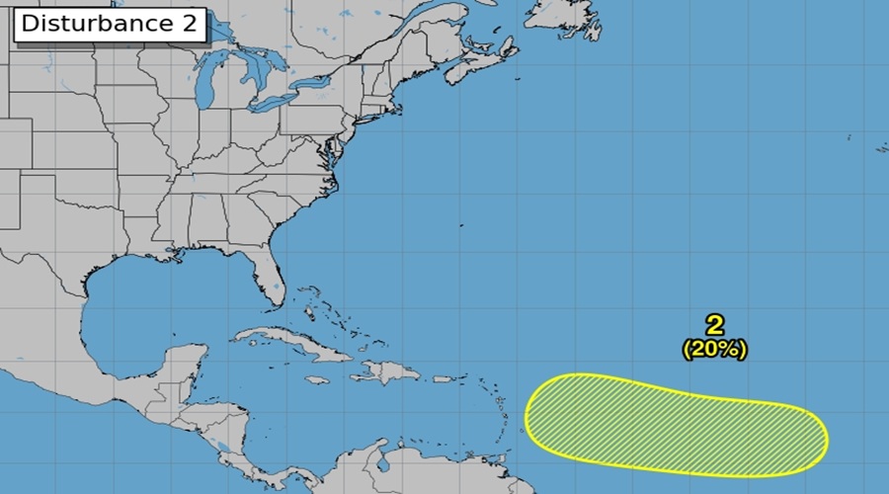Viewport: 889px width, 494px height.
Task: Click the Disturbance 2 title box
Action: pos(109,25)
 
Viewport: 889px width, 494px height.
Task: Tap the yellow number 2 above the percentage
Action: pos(714,325)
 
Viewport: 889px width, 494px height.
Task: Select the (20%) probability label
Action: pos(714,349)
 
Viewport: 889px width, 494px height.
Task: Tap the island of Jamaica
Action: pos(317,379)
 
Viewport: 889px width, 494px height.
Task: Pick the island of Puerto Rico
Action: pos(443,377)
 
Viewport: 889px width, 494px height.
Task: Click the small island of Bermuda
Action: pos(461,224)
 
